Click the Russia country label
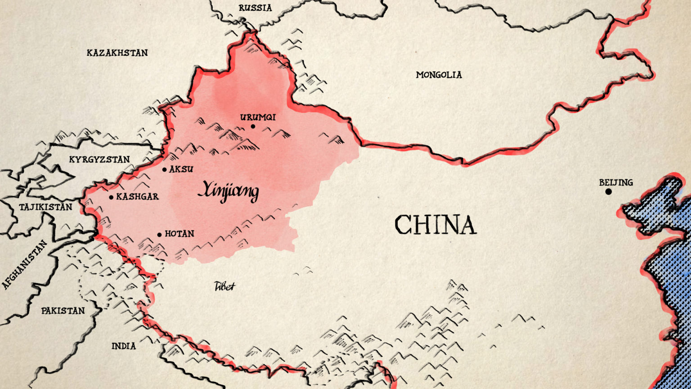(255, 8)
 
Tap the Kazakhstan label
(117, 53)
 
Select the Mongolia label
(439, 75)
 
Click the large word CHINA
(435, 225)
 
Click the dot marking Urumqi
(253, 127)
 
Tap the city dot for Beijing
(608, 192)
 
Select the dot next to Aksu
(165, 170)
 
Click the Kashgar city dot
(111, 197)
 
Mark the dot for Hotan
(159, 235)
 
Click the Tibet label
(224, 286)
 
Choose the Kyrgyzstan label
(99, 159)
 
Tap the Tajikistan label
(45, 207)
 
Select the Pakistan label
(63, 311)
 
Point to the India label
(123, 346)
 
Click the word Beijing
(616, 182)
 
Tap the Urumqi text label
(258, 117)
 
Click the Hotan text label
(179, 234)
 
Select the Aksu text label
(181, 169)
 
